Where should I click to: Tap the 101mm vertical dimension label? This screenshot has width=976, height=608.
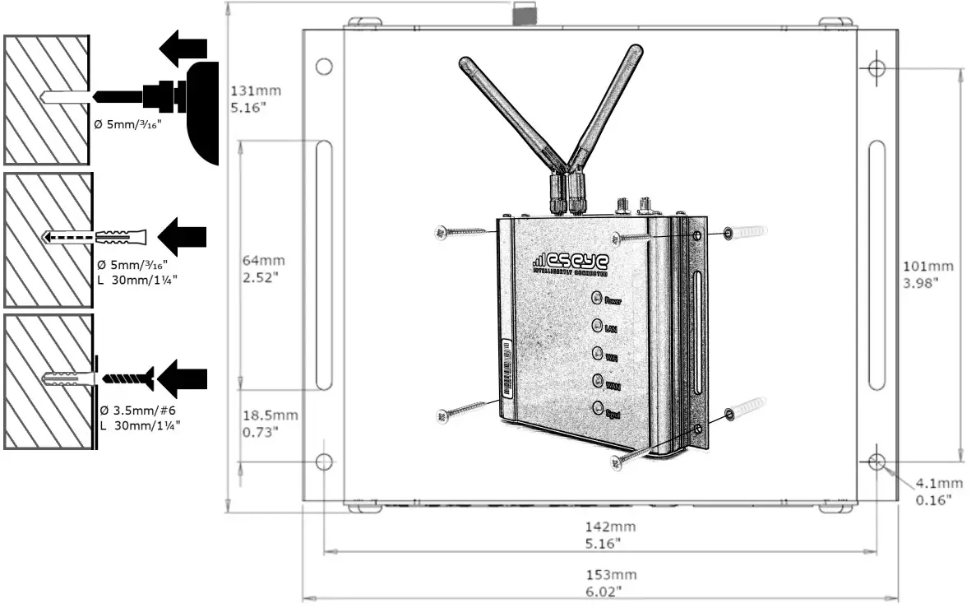(x=928, y=274)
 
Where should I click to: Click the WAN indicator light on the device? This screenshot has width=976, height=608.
(x=598, y=381)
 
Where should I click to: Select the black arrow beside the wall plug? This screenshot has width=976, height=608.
(x=182, y=237)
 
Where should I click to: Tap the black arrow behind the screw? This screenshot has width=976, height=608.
(x=182, y=378)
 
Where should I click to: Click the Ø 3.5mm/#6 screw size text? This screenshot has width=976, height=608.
(x=137, y=410)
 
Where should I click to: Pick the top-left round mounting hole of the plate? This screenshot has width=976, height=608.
(x=323, y=66)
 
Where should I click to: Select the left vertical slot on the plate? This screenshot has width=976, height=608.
(x=323, y=264)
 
